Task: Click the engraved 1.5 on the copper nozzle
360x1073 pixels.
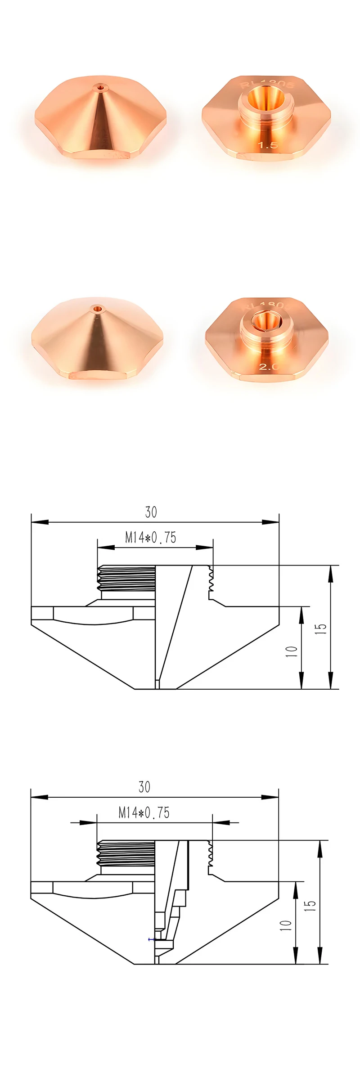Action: [266, 145]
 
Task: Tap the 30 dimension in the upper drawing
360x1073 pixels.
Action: [151, 512]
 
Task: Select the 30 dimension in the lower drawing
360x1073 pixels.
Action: [144, 787]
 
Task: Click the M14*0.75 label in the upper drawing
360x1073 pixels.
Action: [150, 537]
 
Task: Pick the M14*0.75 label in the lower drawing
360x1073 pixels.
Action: [144, 812]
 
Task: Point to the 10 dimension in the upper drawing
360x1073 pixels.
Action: [292, 651]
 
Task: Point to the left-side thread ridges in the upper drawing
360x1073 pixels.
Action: [126, 578]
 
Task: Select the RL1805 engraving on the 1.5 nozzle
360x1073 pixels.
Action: [267, 84]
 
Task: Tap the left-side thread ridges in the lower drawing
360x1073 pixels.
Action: [126, 853]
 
